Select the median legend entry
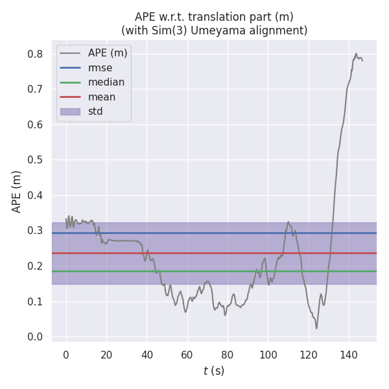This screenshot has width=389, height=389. click(106, 82)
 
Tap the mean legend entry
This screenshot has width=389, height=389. click(102, 97)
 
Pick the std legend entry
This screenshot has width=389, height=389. click(95, 112)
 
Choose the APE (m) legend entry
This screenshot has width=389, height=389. click(108, 53)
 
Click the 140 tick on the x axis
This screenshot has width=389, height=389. click(349, 355)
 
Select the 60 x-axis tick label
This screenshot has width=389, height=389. click(187, 355)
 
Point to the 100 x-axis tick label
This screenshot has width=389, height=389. click(268, 355)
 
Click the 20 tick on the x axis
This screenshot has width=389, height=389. click(106, 355)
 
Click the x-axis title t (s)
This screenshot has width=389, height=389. click(214, 371)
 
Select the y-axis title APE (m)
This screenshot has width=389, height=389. click(18, 191)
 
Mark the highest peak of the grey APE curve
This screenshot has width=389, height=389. click(356, 54)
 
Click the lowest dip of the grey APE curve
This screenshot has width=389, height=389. click(316, 328)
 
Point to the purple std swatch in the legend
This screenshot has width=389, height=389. click(70, 112)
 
